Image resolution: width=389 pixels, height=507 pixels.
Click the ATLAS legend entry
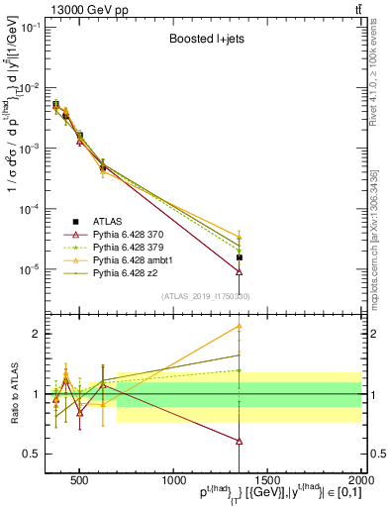pyautogui.click(x=108, y=221)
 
